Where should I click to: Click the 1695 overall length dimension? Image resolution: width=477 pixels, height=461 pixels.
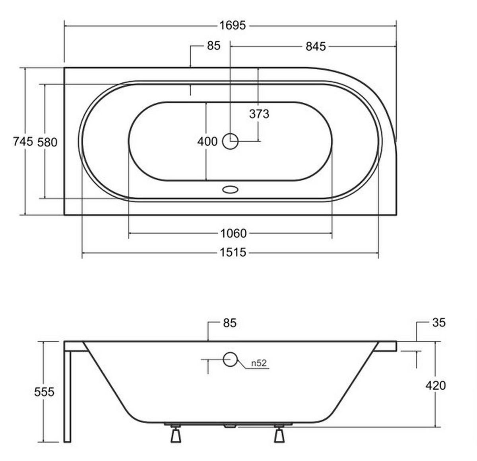tap(233, 25)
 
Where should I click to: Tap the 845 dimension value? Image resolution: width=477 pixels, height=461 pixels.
tap(316, 47)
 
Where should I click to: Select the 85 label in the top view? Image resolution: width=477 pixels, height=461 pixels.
tap(214, 46)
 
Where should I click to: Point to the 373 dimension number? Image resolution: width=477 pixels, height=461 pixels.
tap(259, 114)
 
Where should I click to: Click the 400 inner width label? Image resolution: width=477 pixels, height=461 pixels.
tap(207, 142)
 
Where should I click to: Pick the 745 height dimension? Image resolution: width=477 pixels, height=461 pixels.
tap(23, 142)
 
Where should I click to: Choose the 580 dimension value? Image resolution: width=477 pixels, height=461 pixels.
tap(47, 143)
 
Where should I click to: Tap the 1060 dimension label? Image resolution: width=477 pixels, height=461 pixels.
tap(233, 233)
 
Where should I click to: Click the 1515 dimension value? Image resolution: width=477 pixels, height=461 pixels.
tap(233, 252)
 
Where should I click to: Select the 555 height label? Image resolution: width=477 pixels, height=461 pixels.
tap(44, 392)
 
